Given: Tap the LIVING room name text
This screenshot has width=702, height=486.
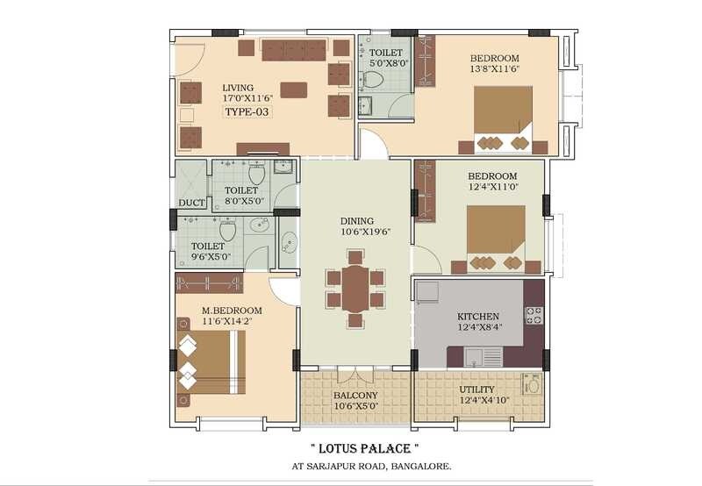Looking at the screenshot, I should point(238,88).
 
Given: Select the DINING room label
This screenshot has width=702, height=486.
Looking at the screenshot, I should point(357,221).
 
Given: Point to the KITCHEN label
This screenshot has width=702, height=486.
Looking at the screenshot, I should point(478,316).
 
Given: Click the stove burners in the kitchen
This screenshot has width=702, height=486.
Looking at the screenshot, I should point(534,315).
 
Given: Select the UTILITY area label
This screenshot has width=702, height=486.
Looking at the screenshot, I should point(476,390).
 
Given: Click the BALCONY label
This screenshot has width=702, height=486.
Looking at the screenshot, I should point(355,396).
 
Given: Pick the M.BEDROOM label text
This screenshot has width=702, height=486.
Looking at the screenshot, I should point(232,311).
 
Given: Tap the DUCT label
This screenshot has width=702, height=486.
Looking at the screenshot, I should point(191,203).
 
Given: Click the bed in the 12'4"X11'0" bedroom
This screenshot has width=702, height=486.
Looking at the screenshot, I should point(496,235).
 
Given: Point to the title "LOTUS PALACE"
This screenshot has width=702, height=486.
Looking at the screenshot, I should point(361,447).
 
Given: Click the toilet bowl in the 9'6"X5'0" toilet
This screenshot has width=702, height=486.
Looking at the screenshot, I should point(228,232).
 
